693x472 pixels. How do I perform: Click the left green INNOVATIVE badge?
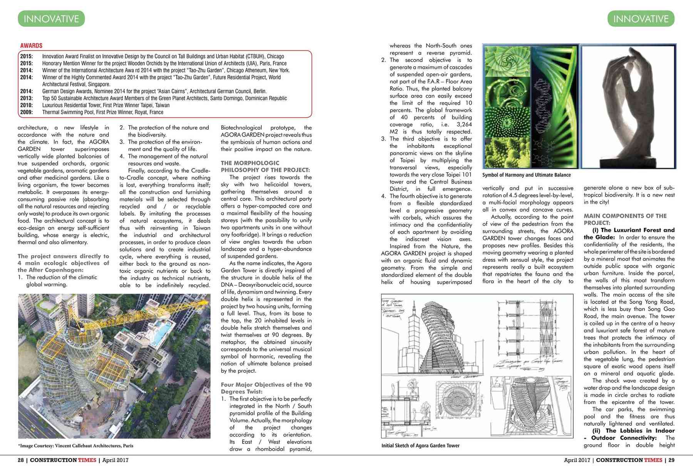pyautogui.click(x=51, y=19)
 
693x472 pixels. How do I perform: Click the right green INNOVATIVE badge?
pyautogui.click(x=641, y=19)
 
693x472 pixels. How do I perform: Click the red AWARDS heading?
pyautogui.click(x=31, y=46)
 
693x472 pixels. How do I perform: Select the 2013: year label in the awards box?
pyautogui.click(x=26, y=98)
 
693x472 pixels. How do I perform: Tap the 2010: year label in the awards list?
pyautogui.click(x=26, y=105)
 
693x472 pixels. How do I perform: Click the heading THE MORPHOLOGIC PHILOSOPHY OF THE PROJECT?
pyautogui.click(x=265, y=166)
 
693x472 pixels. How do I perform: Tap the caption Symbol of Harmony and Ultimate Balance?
pyautogui.click(x=526, y=175)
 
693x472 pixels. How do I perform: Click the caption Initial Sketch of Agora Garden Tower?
pyautogui.click(x=420, y=445)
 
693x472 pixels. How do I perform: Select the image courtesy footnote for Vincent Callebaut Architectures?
pyautogui.click(x=75, y=446)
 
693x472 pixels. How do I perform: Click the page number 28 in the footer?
pyautogui.click(x=21, y=460)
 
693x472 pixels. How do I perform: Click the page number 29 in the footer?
pyautogui.click(x=671, y=460)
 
